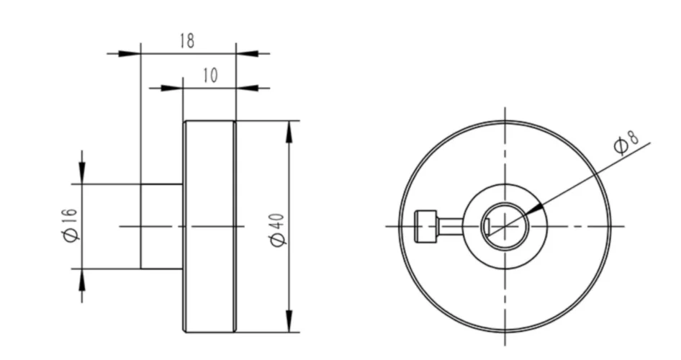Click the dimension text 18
[186, 41]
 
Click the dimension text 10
[209, 76]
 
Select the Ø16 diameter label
[70, 226]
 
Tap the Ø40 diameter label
[279, 229]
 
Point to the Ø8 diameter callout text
[623, 143]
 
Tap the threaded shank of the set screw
[449, 226]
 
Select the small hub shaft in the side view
[161, 226]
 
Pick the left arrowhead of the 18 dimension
[130, 53]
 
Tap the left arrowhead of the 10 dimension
[172, 88]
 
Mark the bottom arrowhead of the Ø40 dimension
[289, 320]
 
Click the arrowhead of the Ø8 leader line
[531, 210]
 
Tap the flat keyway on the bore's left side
[488, 227]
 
